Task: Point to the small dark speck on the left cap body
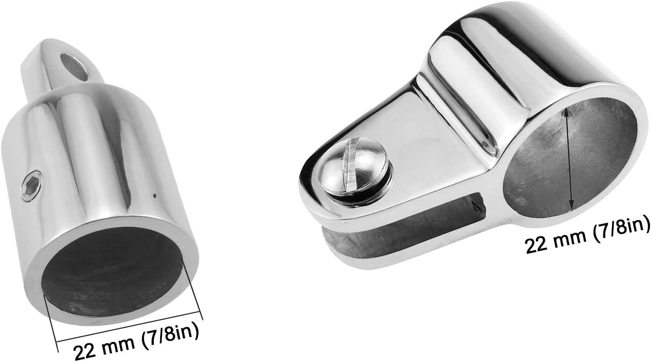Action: coord(155,196)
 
